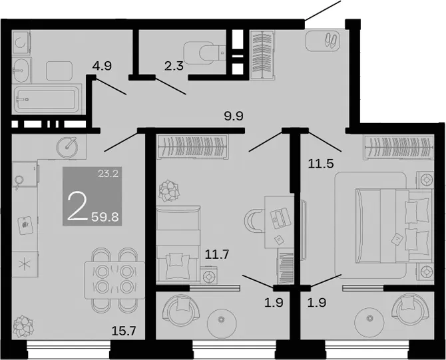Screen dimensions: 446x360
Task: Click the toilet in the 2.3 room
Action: (x=204, y=53)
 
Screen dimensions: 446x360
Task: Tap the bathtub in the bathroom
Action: (x=47, y=99)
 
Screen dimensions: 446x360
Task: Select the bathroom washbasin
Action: (x=21, y=71)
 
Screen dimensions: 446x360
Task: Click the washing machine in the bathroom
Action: (x=21, y=43)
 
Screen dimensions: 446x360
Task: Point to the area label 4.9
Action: (x=102, y=66)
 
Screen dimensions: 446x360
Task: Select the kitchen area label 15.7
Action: (x=124, y=331)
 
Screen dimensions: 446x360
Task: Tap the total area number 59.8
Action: (x=105, y=218)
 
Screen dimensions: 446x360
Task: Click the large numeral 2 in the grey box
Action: (x=77, y=206)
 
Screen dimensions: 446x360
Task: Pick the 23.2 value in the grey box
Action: (x=108, y=173)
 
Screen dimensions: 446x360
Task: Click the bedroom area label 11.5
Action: (x=321, y=164)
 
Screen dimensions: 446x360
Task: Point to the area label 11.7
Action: (x=217, y=254)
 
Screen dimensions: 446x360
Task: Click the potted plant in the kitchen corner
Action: (x=23, y=327)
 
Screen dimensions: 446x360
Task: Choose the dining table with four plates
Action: (x=115, y=280)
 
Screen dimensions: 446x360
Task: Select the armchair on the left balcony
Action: (x=180, y=309)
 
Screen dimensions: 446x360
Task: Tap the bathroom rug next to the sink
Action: (x=59, y=71)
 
